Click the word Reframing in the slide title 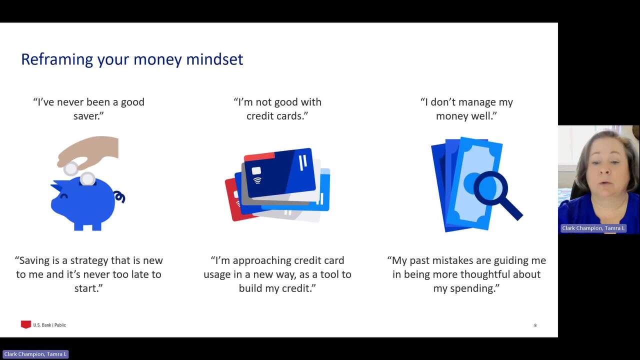(x=57, y=59)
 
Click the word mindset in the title (x=214, y=59)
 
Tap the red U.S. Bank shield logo (x=25, y=324)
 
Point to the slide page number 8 (x=535, y=325)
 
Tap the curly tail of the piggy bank (x=120, y=197)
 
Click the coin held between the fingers (x=70, y=168)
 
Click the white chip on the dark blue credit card (x=256, y=170)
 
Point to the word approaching (x=262, y=261)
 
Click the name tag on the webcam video (x=593, y=228)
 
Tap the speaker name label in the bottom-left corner (x=35, y=354)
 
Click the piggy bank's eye (x=64, y=196)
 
